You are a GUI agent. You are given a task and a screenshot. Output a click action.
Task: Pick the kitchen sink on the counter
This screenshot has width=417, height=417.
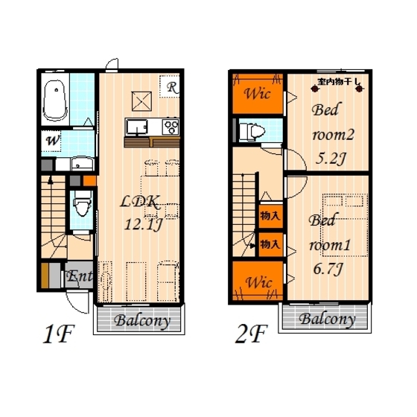pos(139,126)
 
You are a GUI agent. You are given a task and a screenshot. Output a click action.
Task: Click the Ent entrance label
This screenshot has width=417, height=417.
pos(80,277)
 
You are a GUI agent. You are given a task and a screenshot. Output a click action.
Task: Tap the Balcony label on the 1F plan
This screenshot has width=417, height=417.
pos(141,322)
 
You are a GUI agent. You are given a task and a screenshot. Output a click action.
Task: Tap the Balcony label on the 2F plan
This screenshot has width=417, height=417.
pos(326,319)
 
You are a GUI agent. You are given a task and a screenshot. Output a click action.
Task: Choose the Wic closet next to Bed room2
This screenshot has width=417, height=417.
pos(258,95)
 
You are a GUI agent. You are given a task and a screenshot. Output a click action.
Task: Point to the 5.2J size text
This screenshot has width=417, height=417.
pos(330,157)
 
